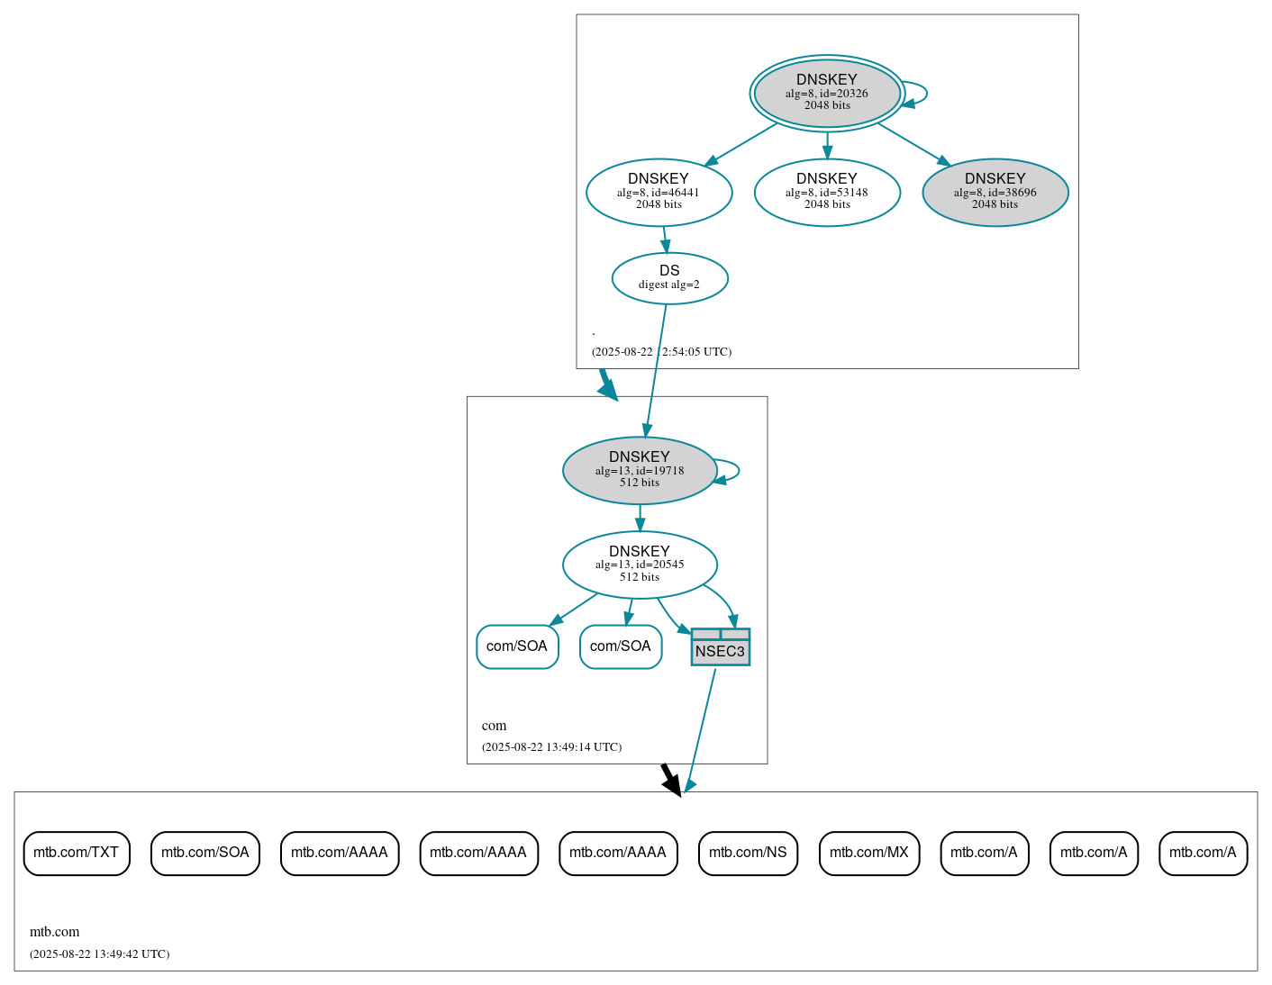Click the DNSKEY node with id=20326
[x=826, y=93]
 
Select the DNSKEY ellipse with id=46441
[x=659, y=192]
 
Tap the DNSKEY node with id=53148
[x=826, y=192]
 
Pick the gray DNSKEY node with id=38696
[x=995, y=192]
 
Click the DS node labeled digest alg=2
[x=669, y=277]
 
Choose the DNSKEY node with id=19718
[x=639, y=470]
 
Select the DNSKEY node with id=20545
[x=639, y=565]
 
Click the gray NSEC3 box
[x=720, y=647]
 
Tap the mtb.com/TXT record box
[x=77, y=853]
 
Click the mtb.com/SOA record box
[x=205, y=853]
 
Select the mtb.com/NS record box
[x=748, y=853]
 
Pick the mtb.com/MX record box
[x=868, y=853]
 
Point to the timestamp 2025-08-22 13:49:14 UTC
[x=551, y=747]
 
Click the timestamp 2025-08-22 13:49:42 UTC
[x=99, y=954]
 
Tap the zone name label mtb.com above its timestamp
[x=55, y=932]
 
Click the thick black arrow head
[x=671, y=782]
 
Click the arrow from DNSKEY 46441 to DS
[x=665, y=239]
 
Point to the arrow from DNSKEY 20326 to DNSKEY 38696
[x=913, y=143]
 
